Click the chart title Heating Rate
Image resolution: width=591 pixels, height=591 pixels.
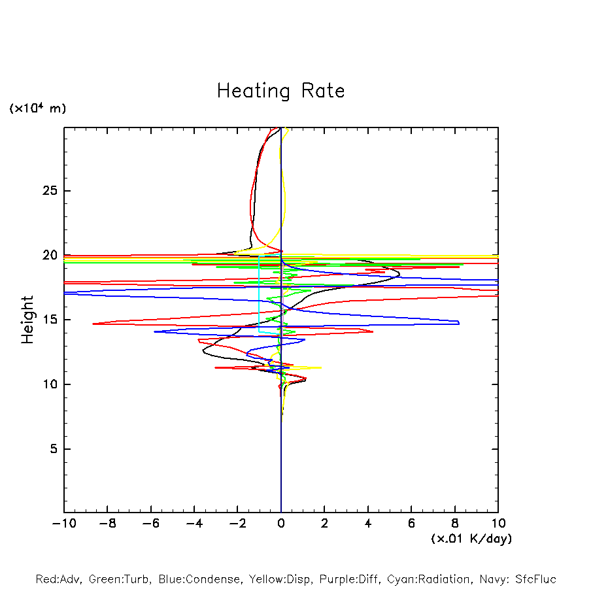point(280,91)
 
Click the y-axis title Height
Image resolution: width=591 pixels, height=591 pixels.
point(27,320)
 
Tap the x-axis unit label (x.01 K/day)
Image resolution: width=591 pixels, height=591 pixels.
point(471,539)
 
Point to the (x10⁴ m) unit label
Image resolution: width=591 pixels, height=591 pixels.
point(37,109)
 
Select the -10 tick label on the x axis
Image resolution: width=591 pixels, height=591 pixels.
point(64,523)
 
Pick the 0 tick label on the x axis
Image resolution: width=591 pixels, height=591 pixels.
point(281,523)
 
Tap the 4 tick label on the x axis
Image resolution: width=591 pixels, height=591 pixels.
point(368,523)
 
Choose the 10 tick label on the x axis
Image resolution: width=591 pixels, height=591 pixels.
point(498,523)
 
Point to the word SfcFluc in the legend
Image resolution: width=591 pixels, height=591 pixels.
point(535,579)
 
